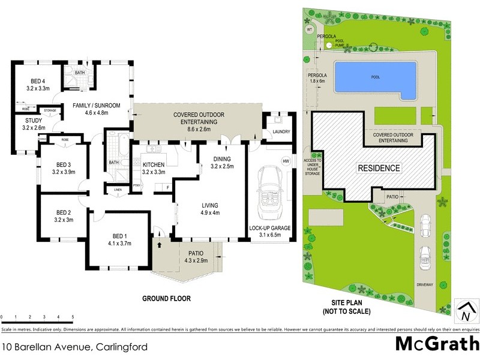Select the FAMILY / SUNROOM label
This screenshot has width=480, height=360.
pos(97,105)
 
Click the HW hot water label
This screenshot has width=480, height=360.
pos(286,161)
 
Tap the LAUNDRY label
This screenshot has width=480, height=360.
pos(281,132)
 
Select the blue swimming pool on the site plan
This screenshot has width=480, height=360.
pos(376,79)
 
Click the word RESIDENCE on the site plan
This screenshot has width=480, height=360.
pos(379,168)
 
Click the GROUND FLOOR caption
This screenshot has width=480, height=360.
pos(166,298)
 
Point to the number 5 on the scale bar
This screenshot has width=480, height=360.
pos(73,316)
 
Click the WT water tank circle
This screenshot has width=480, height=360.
pos(310,29)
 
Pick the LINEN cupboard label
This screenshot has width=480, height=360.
pos(118,191)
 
